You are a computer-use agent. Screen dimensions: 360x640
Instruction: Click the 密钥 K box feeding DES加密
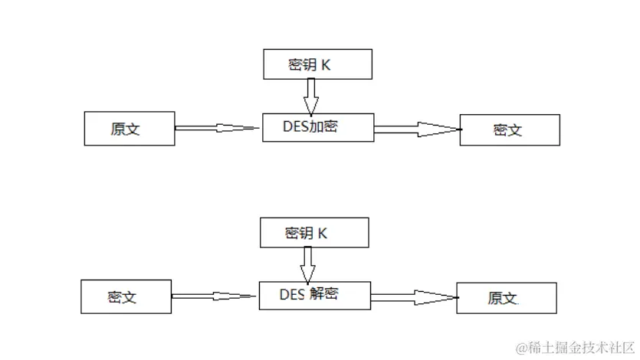317,64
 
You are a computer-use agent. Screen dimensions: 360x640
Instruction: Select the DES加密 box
317,127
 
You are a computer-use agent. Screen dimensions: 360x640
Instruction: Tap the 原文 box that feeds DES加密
129,129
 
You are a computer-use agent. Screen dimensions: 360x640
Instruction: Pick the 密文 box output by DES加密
509,129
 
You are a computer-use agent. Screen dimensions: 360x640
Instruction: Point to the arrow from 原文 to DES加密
218,128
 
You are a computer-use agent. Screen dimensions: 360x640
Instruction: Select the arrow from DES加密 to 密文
416,129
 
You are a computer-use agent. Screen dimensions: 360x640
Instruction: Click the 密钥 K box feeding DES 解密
314,233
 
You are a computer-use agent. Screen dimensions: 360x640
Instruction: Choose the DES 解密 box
314,295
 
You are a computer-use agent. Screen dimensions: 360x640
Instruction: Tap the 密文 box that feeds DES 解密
126,297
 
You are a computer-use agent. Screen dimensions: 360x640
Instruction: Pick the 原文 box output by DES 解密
506,298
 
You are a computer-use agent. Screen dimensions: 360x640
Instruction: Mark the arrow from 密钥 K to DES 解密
307,263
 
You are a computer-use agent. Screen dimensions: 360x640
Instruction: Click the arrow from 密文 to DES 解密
215,296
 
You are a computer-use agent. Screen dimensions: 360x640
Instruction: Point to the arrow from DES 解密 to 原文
413,297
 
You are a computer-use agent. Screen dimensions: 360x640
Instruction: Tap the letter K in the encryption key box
326,65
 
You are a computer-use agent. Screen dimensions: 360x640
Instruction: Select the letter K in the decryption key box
323,234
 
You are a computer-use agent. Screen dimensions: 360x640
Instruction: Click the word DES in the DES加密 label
294,127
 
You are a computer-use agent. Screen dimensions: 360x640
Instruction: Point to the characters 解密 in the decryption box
325,295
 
